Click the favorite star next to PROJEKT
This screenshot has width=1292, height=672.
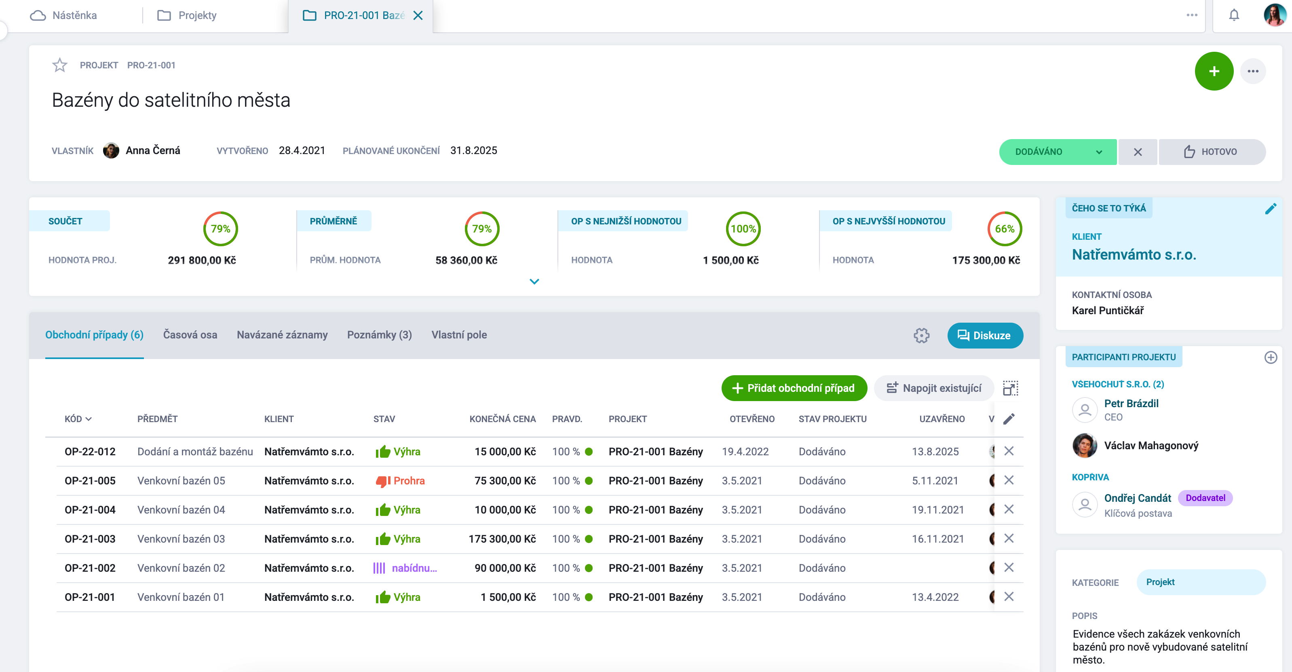coord(60,65)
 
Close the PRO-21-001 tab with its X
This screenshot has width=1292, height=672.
coord(418,15)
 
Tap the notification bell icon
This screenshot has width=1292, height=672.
coord(1234,15)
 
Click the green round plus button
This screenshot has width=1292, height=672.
coord(1214,71)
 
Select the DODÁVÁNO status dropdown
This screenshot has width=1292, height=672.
coord(1057,152)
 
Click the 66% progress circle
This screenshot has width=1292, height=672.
coord(1005,229)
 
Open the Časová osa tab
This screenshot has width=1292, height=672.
coord(190,335)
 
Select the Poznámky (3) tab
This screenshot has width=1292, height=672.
coord(379,335)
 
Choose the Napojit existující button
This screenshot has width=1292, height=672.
coord(933,388)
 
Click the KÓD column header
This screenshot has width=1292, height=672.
coord(78,419)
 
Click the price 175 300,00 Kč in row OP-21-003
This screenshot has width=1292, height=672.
coord(502,539)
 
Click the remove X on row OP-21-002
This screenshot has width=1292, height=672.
coord(1009,568)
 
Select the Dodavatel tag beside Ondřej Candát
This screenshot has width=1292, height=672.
coord(1205,498)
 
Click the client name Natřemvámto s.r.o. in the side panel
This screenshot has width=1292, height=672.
coord(1134,255)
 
